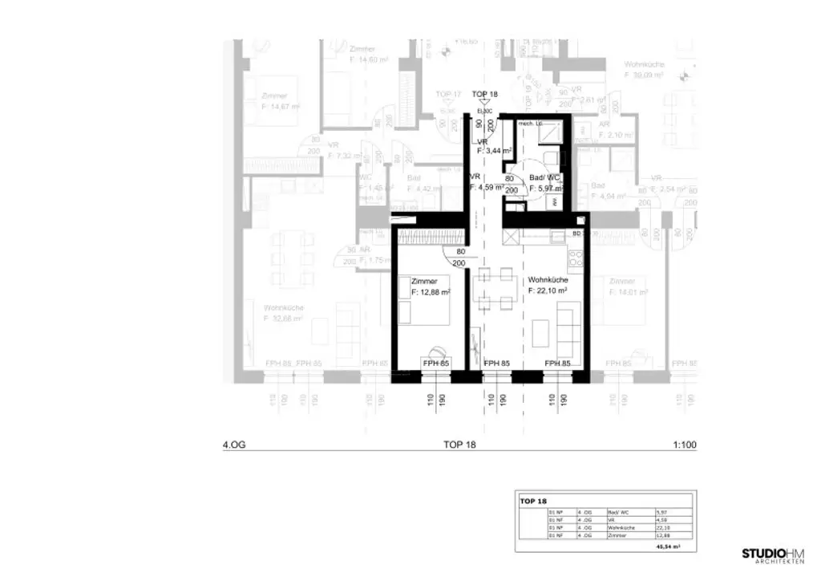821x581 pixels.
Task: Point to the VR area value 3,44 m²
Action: (x=495, y=151)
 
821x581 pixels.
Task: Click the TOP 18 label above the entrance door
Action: (x=484, y=95)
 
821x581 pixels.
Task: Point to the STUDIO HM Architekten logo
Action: (x=772, y=555)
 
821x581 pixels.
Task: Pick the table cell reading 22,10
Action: (x=661, y=527)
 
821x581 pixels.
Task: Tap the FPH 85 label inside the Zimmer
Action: (x=436, y=364)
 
